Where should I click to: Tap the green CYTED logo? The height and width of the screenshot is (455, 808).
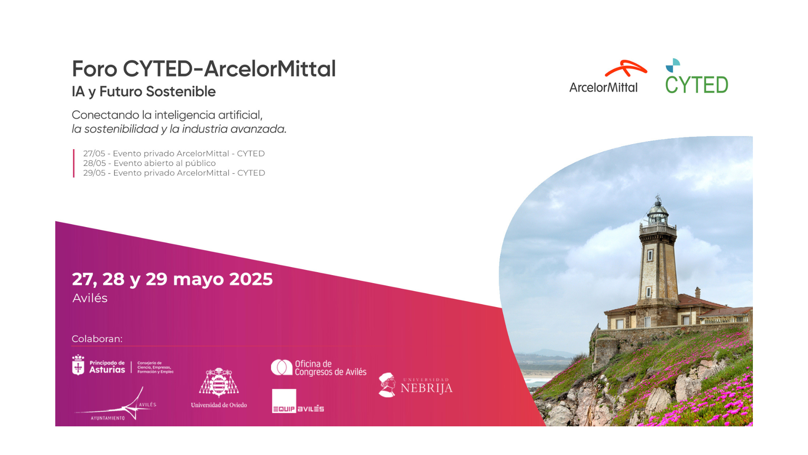696,76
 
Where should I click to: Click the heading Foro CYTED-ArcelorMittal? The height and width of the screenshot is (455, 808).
204,69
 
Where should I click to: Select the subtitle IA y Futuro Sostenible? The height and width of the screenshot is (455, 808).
144,92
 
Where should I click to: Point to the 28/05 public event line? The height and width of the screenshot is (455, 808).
149,163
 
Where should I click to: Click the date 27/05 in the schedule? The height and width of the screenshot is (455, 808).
94,153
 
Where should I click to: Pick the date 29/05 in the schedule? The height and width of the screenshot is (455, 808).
94,173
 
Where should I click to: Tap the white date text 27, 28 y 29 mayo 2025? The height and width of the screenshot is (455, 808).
172,279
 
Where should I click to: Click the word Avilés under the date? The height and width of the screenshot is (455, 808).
90,298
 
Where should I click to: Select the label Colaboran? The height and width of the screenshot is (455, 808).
97,339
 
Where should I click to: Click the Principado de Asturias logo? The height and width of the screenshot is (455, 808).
122,365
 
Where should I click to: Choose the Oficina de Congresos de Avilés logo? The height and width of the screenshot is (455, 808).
319,367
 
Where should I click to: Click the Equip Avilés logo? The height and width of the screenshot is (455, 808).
298,401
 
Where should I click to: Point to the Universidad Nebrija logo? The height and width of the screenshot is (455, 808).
415,385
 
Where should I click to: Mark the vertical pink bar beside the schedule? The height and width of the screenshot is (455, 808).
74,163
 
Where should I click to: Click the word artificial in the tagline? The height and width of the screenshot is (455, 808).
240,115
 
